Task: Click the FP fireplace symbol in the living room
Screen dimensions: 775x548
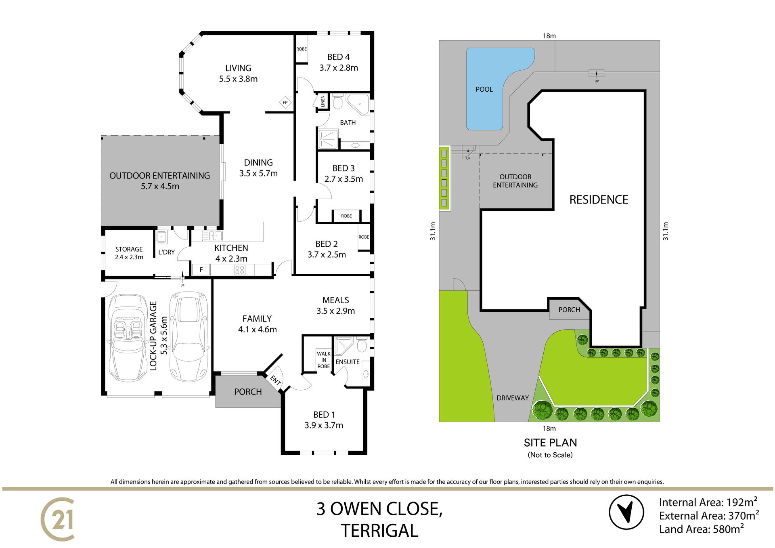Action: click(285, 103)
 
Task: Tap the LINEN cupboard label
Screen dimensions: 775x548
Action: click(323, 101)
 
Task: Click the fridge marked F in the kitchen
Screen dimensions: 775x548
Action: click(201, 270)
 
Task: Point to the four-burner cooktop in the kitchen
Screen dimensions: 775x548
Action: click(240, 270)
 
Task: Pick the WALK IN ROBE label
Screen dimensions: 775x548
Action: click(324, 360)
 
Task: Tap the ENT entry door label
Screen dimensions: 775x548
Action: click(275, 380)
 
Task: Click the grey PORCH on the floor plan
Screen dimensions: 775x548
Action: click(248, 391)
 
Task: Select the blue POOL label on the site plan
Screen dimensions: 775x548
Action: click(484, 89)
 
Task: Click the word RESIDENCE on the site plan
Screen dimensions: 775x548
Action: click(599, 199)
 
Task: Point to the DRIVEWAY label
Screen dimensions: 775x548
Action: click(513, 398)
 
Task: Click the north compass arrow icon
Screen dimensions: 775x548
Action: click(626, 512)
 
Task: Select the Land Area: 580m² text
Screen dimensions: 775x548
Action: click(702, 529)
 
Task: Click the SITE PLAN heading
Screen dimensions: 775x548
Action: click(550, 443)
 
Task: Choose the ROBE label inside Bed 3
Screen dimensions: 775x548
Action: click(346, 216)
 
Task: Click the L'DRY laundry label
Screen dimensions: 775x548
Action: click(166, 252)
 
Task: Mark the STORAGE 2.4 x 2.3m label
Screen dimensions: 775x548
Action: click(129, 253)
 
